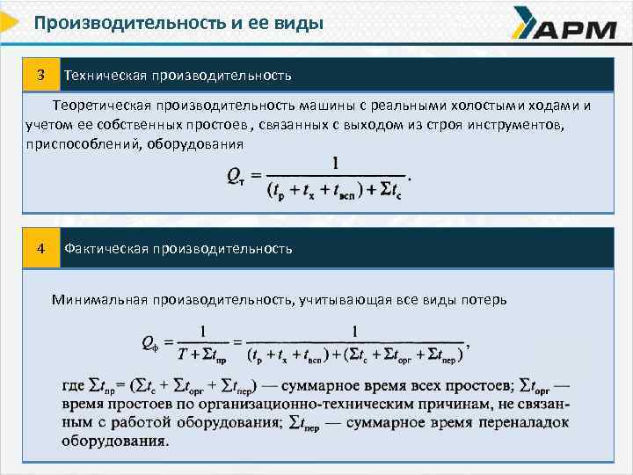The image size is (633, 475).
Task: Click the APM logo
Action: tap(564, 26)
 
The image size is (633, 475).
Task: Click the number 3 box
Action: tap(40, 74)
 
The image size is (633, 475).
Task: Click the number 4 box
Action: tap(40, 248)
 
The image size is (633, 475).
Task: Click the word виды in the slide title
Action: tap(302, 21)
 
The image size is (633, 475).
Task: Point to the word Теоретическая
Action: tap(100, 106)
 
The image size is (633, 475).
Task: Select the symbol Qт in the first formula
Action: tap(236, 177)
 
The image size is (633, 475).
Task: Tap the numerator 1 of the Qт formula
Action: tap(334, 163)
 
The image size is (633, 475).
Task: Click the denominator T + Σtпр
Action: tap(200, 356)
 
